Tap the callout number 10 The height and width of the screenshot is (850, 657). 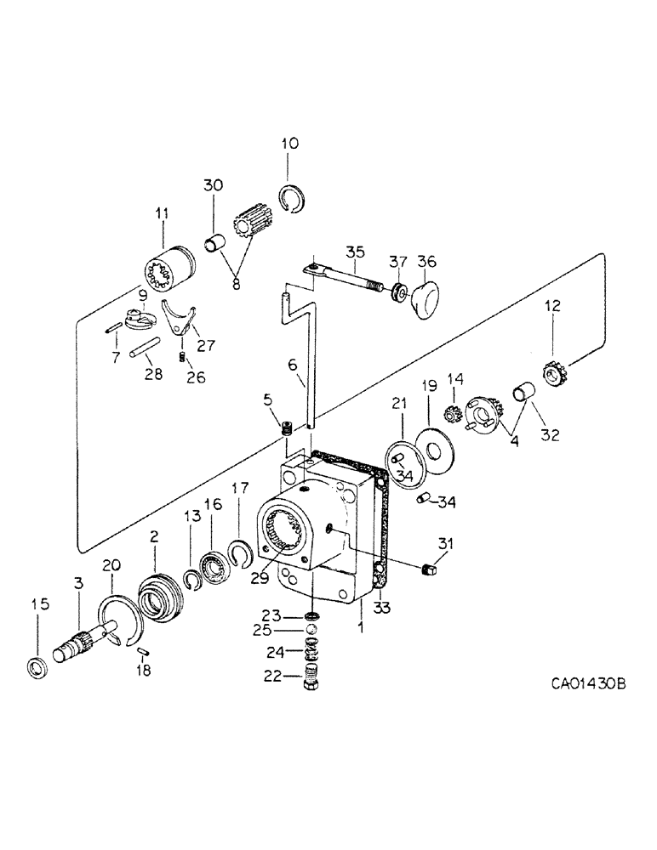point(290,144)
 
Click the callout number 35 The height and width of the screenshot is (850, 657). point(354,252)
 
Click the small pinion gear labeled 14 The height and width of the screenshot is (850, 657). point(454,416)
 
